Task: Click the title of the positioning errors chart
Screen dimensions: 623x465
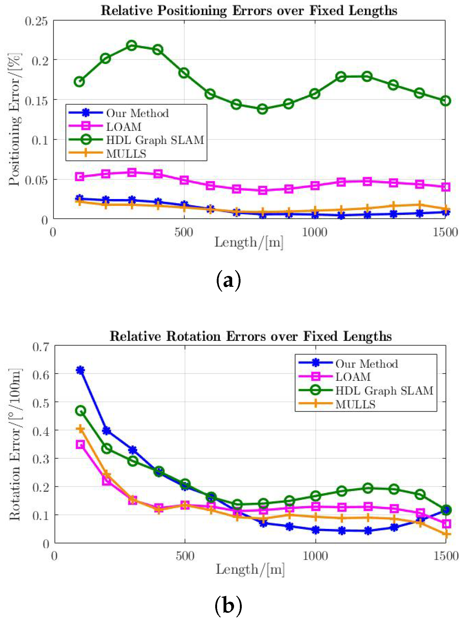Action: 249,11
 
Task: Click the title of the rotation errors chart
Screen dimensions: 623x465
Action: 250,336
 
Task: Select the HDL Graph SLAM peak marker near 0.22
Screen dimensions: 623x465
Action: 132,46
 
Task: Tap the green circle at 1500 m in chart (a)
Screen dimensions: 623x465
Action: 445,101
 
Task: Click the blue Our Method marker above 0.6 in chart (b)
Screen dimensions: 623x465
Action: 80,370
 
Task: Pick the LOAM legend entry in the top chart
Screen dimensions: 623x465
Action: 124,127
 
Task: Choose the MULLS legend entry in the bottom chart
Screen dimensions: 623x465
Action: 355,405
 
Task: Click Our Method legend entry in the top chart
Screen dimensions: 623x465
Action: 137,113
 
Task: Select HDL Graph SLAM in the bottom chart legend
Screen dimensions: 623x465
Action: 384,391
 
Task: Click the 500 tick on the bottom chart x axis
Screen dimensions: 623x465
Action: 185,556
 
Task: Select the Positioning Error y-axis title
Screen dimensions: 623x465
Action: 14,120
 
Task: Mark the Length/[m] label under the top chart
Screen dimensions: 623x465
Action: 249,242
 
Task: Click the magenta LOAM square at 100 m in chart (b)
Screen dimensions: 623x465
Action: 80,445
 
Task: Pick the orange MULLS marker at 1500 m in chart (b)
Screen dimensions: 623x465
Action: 446,534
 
